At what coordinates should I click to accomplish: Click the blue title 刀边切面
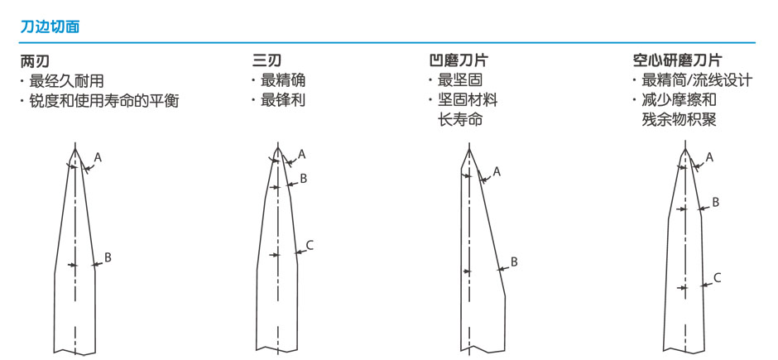click(x=50, y=26)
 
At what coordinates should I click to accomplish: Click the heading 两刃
click(x=35, y=61)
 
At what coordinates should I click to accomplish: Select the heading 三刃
click(x=267, y=61)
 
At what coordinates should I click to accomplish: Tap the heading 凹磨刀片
click(x=459, y=61)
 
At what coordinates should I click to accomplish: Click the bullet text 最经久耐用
click(x=66, y=81)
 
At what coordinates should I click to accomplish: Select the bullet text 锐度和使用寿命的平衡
click(x=103, y=101)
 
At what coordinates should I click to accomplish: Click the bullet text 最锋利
click(x=283, y=101)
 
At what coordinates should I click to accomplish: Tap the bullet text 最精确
click(x=283, y=80)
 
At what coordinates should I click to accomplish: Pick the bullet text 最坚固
click(x=460, y=80)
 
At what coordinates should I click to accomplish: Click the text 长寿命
click(x=460, y=121)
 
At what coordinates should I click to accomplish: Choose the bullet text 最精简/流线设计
click(x=697, y=80)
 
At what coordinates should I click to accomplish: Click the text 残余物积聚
click(x=679, y=121)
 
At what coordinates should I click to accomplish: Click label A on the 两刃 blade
click(x=98, y=158)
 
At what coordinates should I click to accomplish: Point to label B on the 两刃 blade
click(x=107, y=257)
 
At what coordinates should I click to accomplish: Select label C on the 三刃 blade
click(x=310, y=244)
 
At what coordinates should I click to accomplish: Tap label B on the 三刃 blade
click(x=304, y=179)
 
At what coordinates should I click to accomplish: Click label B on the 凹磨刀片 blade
click(x=514, y=262)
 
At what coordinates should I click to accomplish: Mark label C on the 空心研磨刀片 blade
click(x=717, y=278)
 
